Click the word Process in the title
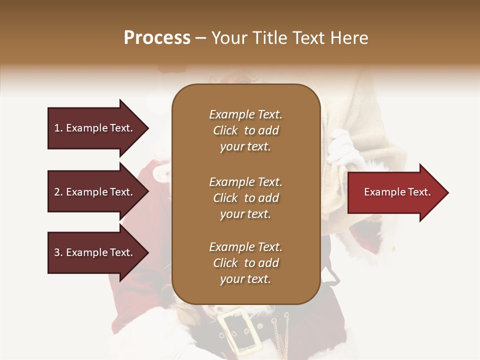(x=157, y=38)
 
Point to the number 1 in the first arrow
(x=56, y=128)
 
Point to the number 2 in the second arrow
(x=56, y=192)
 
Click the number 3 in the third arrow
(x=56, y=252)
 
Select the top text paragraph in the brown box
(x=245, y=130)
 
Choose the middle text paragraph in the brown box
(x=245, y=197)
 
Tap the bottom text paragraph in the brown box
(x=245, y=263)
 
